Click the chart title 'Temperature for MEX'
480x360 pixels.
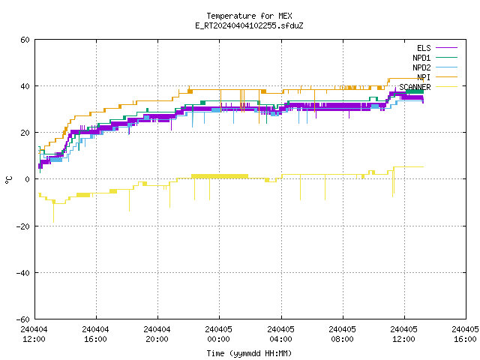pos(249,16)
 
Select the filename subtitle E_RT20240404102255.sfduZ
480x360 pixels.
pos(249,25)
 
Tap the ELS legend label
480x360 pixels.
pos(424,48)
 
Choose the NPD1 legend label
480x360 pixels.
pos(421,58)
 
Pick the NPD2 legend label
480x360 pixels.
pos(421,67)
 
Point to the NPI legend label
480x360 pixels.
pos(424,77)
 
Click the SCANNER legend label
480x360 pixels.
pos(415,87)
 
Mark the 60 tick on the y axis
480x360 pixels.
pos(25,40)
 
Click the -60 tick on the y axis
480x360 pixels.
pos(23,319)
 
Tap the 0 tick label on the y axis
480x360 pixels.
pos(28,179)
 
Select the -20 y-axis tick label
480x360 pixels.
pos(23,226)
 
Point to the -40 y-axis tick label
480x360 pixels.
pos(23,273)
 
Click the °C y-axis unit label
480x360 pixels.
pos(8,180)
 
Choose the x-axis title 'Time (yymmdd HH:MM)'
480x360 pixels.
pos(249,353)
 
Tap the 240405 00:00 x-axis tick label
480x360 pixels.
pos(218,334)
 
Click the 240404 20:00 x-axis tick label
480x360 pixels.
pos(157,334)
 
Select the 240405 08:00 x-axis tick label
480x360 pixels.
pos(342,334)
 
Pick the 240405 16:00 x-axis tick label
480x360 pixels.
pos(465,334)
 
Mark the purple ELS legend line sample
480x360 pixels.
pos(447,48)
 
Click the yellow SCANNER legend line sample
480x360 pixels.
pos(447,87)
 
